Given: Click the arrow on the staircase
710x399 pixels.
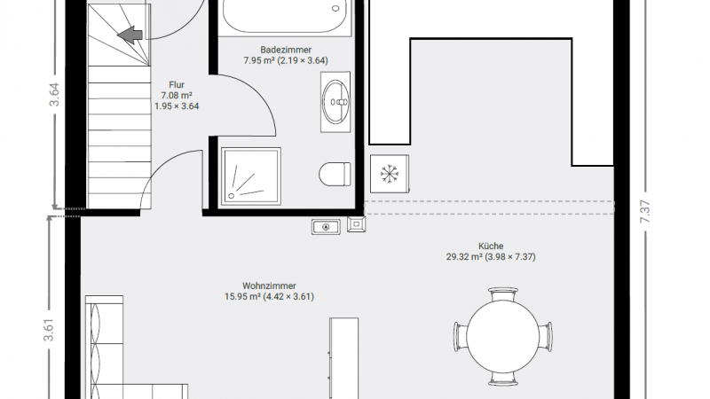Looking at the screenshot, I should pos(131,35).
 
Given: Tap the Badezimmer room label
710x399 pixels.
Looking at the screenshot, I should pos(286,50).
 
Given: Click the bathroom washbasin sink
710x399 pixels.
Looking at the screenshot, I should pos(335,101).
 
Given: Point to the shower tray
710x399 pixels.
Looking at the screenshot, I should pos(250,176).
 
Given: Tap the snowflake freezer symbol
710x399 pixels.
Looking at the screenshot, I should pos(388,172).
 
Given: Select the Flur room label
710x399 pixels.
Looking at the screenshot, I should pos(176,85).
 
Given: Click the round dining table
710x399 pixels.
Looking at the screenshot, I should pos(503,336).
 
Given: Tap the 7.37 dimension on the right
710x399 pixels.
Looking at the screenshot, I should pos(645,213).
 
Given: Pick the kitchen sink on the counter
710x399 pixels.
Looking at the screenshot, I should pos(326,227).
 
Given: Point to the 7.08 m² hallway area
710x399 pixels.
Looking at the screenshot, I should pos(176,95).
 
